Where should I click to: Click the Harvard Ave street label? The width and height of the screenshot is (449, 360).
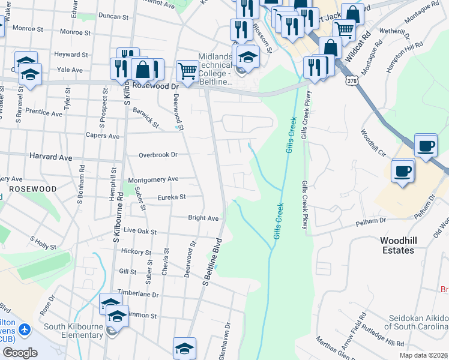click(50, 157)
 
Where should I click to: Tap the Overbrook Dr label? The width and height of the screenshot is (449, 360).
click(158, 154)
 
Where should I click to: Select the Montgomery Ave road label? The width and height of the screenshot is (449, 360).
click(154, 179)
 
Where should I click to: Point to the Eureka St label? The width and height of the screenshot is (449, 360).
click(172, 196)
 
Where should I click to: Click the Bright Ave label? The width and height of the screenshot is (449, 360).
click(203, 218)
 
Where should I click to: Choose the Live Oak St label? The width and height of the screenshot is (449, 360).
click(140, 231)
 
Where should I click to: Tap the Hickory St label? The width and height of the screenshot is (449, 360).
click(136, 251)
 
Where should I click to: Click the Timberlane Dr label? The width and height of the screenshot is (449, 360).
click(137, 295)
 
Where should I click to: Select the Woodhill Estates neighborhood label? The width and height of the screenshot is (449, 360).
click(397, 245)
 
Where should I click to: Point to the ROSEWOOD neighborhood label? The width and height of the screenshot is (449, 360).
click(32, 188)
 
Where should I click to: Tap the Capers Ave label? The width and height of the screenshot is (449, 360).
click(102, 136)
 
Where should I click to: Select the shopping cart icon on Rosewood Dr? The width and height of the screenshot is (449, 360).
click(188, 71)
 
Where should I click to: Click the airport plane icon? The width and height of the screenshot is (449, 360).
click(25, 329)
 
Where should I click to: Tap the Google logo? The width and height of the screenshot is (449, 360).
click(20, 352)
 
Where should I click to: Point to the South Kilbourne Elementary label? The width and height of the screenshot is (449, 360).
click(73, 331)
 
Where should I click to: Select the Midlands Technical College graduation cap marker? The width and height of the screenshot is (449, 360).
click(247, 57)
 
